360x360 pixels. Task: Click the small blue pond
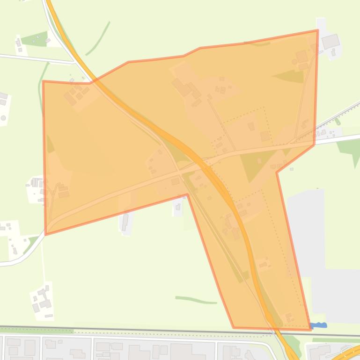click(319, 325)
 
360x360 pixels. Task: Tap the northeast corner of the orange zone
click(318, 30)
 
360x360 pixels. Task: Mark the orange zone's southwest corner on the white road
click(45, 234)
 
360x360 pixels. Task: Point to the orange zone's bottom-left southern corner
click(234, 327)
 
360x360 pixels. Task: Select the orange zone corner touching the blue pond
click(310, 329)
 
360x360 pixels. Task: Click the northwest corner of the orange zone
click(44, 81)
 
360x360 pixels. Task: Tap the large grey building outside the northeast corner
click(331, 41)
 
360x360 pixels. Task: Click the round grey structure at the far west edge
click(3, 118)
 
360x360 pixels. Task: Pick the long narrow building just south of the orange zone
click(125, 222)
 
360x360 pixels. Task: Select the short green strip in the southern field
click(196, 300)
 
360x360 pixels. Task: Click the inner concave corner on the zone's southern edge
click(187, 194)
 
